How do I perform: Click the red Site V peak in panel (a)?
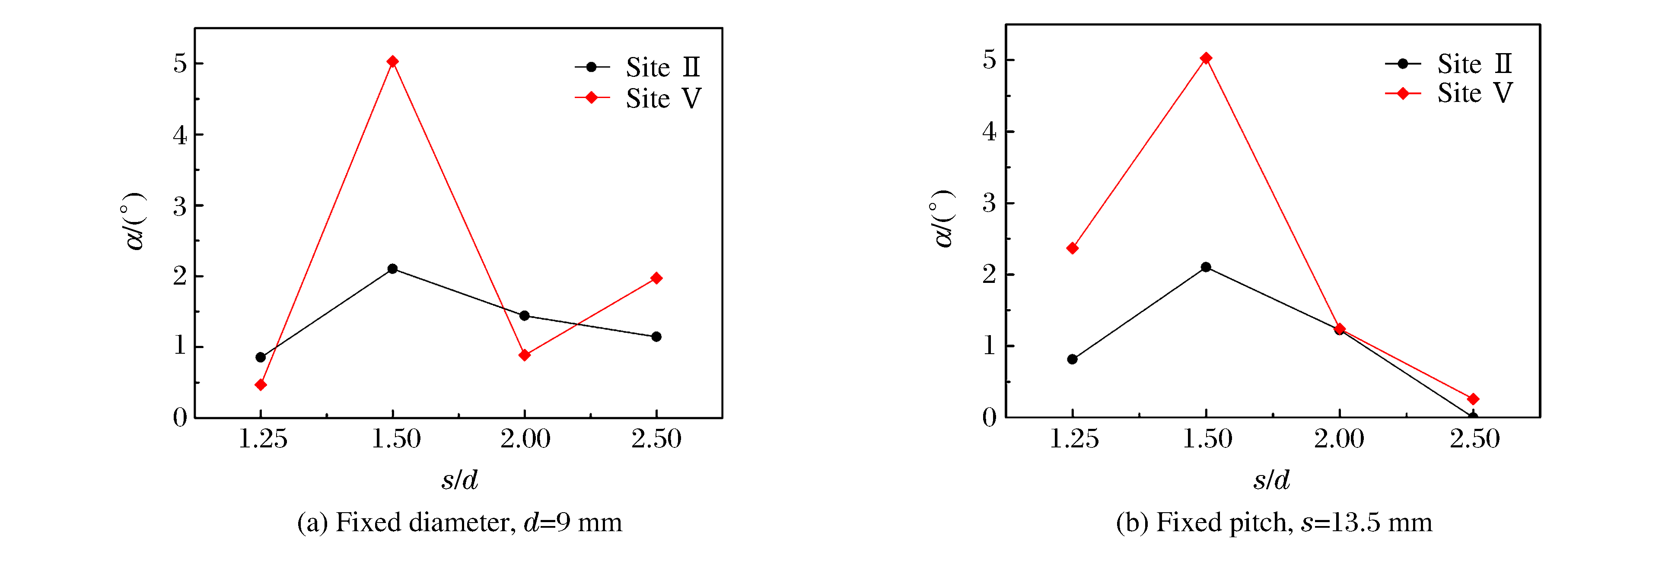(392, 62)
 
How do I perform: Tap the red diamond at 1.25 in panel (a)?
(261, 385)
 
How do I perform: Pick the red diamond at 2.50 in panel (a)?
(656, 279)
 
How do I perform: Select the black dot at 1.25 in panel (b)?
(1072, 359)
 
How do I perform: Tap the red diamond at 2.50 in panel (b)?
(1473, 399)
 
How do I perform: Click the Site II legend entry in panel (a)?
(662, 67)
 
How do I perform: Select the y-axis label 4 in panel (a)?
(180, 136)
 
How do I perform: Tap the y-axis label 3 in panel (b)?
(989, 204)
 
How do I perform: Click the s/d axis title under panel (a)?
(459, 480)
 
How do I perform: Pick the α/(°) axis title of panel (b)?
(943, 219)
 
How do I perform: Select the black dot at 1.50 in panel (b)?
(1206, 267)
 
